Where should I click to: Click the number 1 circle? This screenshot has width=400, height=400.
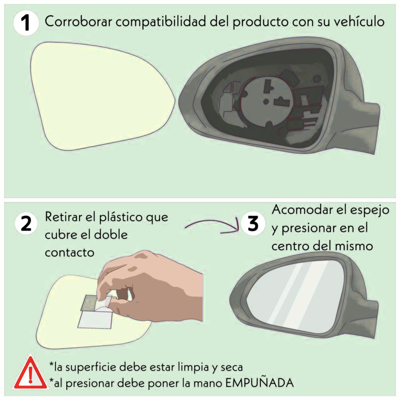tap(25, 23)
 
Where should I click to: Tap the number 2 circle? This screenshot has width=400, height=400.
tap(26, 223)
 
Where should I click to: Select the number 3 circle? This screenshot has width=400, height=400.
tap(253, 223)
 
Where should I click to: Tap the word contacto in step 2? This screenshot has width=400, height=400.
tap(69, 252)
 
